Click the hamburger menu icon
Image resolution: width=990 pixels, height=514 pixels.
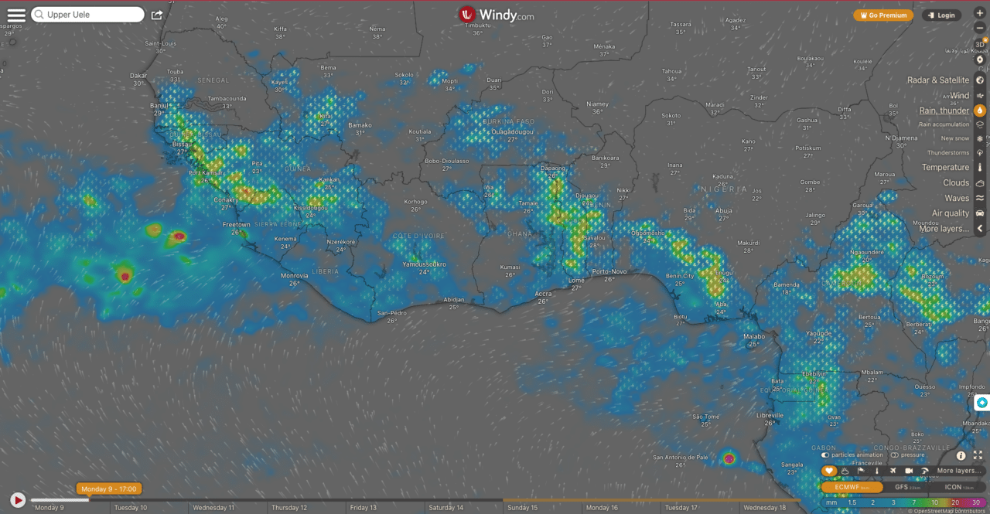tap(16, 15)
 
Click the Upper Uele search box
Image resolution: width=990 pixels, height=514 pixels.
tap(87, 15)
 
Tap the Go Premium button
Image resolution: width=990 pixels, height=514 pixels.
tap(883, 15)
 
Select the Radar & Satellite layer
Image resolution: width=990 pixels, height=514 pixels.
tap(937, 80)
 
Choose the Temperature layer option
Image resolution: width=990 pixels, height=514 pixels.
tap(945, 167)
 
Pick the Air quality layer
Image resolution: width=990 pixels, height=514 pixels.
tap(951, 213)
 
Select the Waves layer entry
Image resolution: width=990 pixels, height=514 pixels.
tap(956, 198)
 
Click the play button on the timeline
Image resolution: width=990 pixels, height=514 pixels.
tap(17, 500)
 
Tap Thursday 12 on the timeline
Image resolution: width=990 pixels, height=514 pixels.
tap(288, 508)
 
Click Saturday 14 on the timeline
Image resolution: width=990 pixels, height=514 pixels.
tap(446, 508)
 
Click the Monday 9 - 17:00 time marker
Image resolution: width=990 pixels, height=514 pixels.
tap(109, 488)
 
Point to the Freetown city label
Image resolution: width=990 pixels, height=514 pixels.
tap(237, 224)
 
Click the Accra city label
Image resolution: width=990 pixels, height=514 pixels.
tap(544, 294)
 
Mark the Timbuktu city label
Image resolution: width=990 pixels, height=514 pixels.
tap(478, 25)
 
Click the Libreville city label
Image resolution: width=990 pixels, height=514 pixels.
tap(769, 415)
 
